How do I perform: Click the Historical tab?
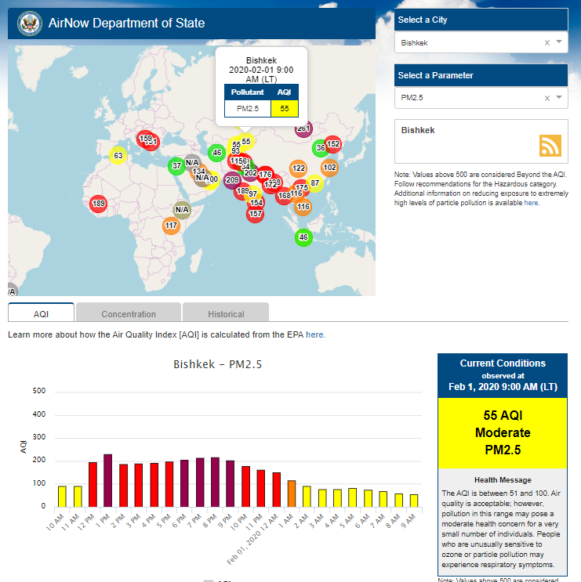pyautogui.click(x=226, y=314)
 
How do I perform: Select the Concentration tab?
pyautogui.click(x=129, y=314)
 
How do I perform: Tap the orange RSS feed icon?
pyautogui.click(x=550, y=146)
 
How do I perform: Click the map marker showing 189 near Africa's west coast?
pyautogui.click(x=98, y=204)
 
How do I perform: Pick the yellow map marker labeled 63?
pyautogui.click(x=118, y=156)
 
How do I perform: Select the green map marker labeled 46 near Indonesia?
pyautogui.click(x=303, y=237)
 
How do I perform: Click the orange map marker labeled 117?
pyautogui.click(x=172, y=226)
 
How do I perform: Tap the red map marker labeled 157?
pyautogui.click(x=255, y=214)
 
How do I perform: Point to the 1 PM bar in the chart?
pyautogui.click(x=107, y=480)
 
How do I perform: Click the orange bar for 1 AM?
pyautogui.click(x=291, y=493)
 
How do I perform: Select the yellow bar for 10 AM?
pyautogui.click(x=62, y=497)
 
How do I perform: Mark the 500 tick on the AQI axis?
pyautogui.click(x=38, y=392)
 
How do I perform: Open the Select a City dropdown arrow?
pyautogui.click(x=559, y=42)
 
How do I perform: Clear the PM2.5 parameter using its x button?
pyautogui.click(x=547, y=98)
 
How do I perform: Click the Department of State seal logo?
pyautogui.click(x=27, y=22)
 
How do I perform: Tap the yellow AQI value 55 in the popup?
pyautogui.click(x=284, y=109)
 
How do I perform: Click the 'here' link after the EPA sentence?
pyautogui.click(x=315, y=334)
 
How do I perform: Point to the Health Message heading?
pyautogui.click(x=503, y=479)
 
